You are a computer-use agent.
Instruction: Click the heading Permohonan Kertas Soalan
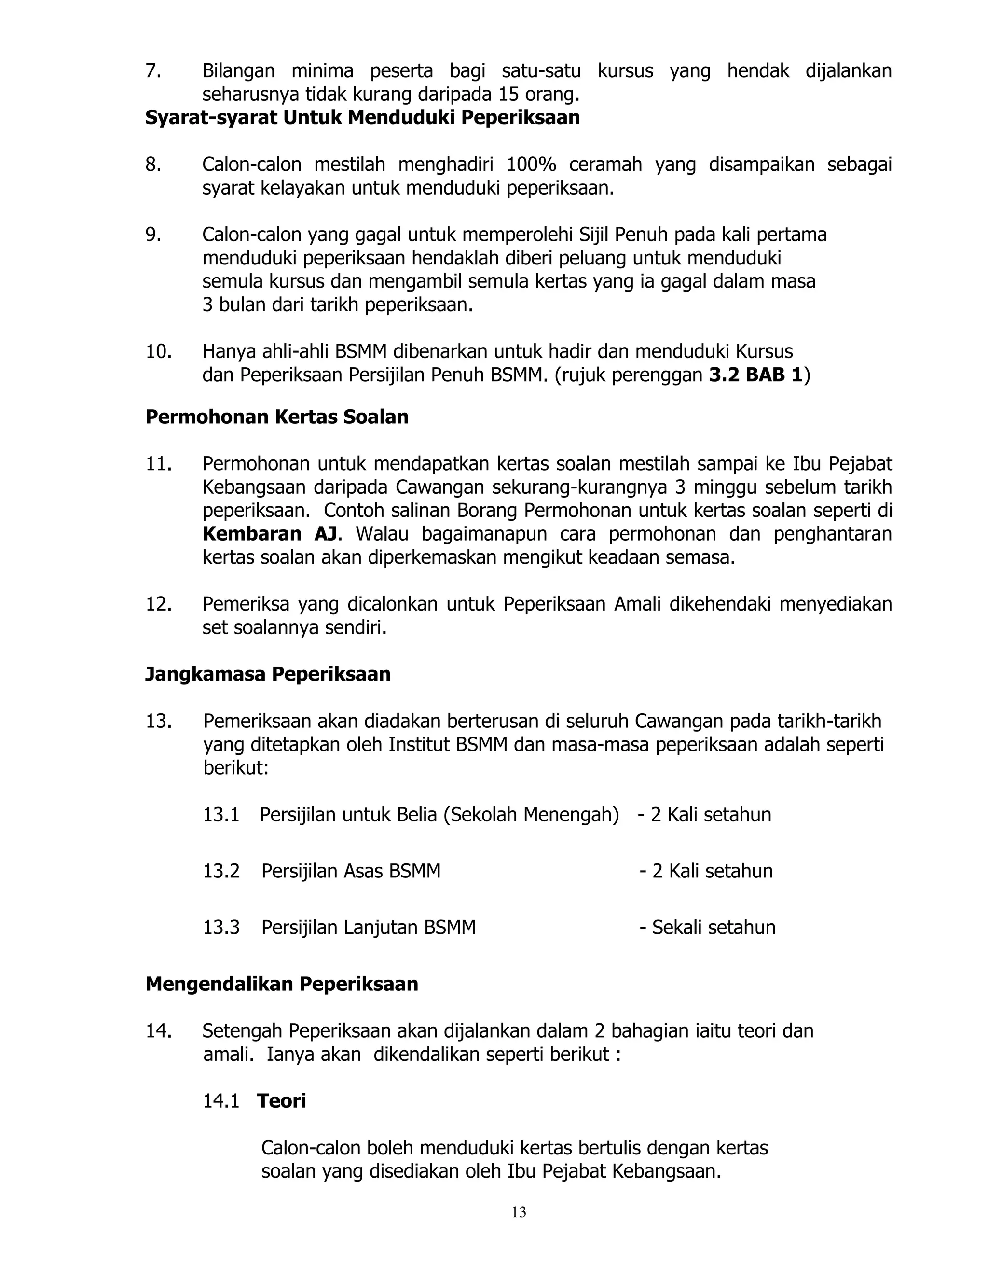tap(277, 417)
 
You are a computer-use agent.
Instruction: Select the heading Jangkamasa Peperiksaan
tap(267, 674)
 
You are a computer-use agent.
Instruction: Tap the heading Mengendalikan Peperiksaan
tap(282, 984)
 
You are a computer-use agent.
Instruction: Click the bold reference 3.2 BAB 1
tap(755, 375)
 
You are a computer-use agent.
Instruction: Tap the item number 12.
tap(158, 604)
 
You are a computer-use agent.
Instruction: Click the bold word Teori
tap(282, 1101)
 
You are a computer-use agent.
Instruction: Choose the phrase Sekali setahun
tap(714, 928)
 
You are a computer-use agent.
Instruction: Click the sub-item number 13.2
tap(221, 871)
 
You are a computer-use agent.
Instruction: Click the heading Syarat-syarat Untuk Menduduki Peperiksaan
tap(362, 118)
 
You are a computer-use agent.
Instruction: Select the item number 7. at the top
tap(153, 71)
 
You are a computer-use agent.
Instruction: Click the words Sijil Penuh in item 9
tap(623, 235)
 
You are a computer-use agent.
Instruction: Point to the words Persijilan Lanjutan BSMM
tap(368, 928)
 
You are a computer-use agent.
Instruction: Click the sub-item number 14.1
tap(221, 1101)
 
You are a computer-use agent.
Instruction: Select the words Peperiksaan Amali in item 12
tap(554, 604)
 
